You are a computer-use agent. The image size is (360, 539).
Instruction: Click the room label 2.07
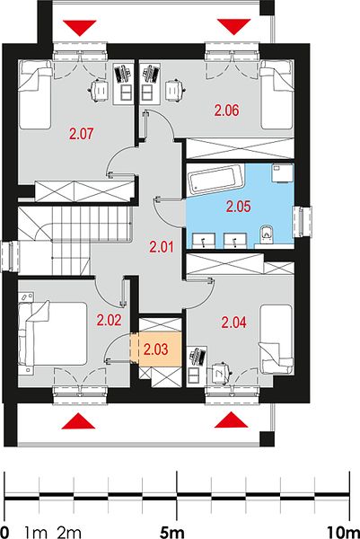tap(81, 133)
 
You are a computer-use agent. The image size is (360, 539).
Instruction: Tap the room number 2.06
tap(226, 110)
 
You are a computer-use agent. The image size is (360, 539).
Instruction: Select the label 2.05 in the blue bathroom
tap(239, 207)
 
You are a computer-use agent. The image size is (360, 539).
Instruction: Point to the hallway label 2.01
tap(162, 247)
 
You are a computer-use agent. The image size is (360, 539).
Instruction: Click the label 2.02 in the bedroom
tap(109, 321)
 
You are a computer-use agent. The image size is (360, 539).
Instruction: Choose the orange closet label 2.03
tap(156, 349)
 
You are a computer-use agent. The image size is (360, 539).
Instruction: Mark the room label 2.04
tap(234, 323)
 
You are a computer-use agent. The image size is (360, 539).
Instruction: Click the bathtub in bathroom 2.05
tap(216, 179)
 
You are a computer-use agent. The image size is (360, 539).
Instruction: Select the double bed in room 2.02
tap(52, 333)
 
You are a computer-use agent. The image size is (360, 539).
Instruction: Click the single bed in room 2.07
tap(35, 94)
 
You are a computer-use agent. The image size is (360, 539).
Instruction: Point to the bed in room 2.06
tap(277, 94)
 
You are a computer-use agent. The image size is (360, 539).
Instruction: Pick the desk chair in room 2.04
tap(222, 372)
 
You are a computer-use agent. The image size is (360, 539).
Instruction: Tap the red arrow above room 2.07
tap(79, 28)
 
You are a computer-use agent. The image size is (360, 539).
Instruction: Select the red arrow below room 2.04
tap(232, 420)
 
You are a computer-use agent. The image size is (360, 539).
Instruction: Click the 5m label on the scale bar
tap(172, 533)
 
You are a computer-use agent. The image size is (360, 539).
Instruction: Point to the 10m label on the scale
tap(341, 533)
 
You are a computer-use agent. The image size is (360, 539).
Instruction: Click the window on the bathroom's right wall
tap(303, 222)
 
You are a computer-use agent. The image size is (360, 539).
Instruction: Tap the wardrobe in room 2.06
tap(240, 148)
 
